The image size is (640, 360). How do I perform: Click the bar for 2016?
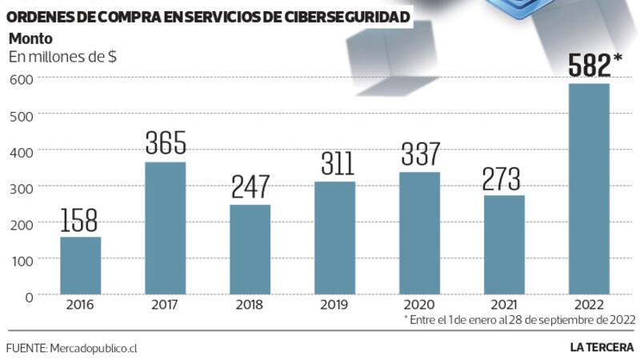pos(80,266)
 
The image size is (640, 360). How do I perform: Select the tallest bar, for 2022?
pos(589,189)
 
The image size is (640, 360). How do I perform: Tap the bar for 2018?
pos(250,250)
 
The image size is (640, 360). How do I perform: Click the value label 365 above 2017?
pos(166,143)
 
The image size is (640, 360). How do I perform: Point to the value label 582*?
pos(595,66)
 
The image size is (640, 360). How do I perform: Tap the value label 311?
pos(334,164)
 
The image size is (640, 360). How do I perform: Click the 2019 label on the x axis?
pos(334,305)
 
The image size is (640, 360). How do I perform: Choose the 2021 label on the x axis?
pos(504,305)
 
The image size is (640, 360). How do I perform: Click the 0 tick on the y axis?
pos(28,296)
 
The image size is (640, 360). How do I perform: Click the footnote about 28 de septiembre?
pos(520,319)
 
